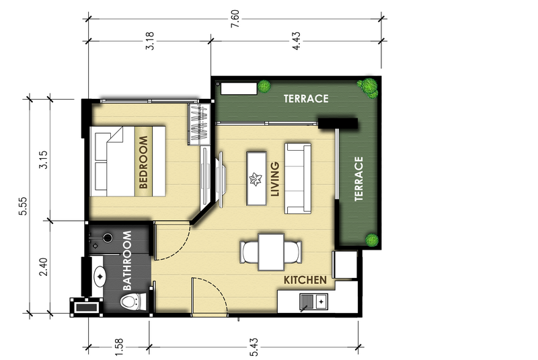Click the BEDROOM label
coord(143,162)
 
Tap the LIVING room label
coord(275,179)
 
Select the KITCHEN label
coord(305,280)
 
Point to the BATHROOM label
coord(127,260)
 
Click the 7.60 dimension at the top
coord(235,19)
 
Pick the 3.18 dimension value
coord(150,41)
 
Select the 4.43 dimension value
coord(296,41)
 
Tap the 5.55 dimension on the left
coord(23,206)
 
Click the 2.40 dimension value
coord(43,267)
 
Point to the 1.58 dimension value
coord(119,347)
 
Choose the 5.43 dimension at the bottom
coord(254,347)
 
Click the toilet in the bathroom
coord(133,301)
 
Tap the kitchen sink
coord(313,301)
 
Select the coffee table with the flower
coord(256,179)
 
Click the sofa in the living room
coord(298,178)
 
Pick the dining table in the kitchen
coord(271,252)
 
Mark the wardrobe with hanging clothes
coord(199,124)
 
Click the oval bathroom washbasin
coord(100,277)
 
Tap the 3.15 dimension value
coord(43,159)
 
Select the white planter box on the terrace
coord(239,88)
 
